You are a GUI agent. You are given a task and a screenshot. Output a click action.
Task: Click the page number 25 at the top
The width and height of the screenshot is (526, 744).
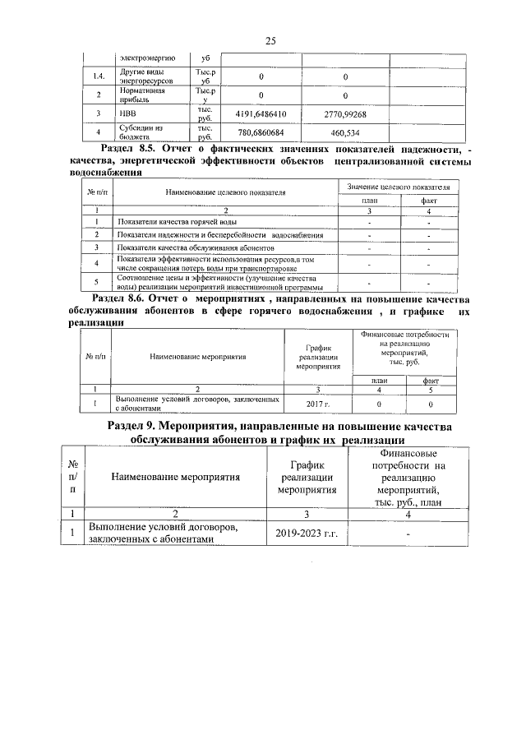(270, 42)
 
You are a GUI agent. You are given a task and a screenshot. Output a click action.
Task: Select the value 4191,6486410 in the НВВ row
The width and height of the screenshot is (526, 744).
(261, 113)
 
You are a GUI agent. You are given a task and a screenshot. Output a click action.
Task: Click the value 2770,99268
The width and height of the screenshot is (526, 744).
(344, 113)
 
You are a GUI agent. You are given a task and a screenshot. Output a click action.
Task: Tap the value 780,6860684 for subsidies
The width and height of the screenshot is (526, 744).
(261, 132)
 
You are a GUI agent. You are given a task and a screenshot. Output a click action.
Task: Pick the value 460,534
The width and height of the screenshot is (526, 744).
(344, 132)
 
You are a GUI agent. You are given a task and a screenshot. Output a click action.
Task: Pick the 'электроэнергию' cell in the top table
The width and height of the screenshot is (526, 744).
(141, 58)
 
